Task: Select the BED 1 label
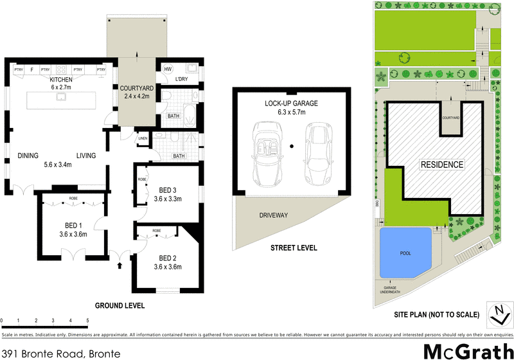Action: (x=71, y=224)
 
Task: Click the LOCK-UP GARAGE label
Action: (x=291, y=103)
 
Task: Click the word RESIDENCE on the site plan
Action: (x=441, y=165)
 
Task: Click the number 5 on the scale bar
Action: (x=87, y=319)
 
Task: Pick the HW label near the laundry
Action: (x=168, y=69)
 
